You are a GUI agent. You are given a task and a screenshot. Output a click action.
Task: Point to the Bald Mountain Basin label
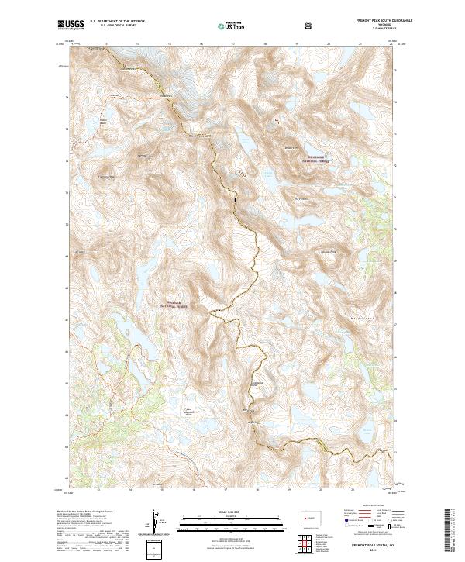click(x=186, y=412)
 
